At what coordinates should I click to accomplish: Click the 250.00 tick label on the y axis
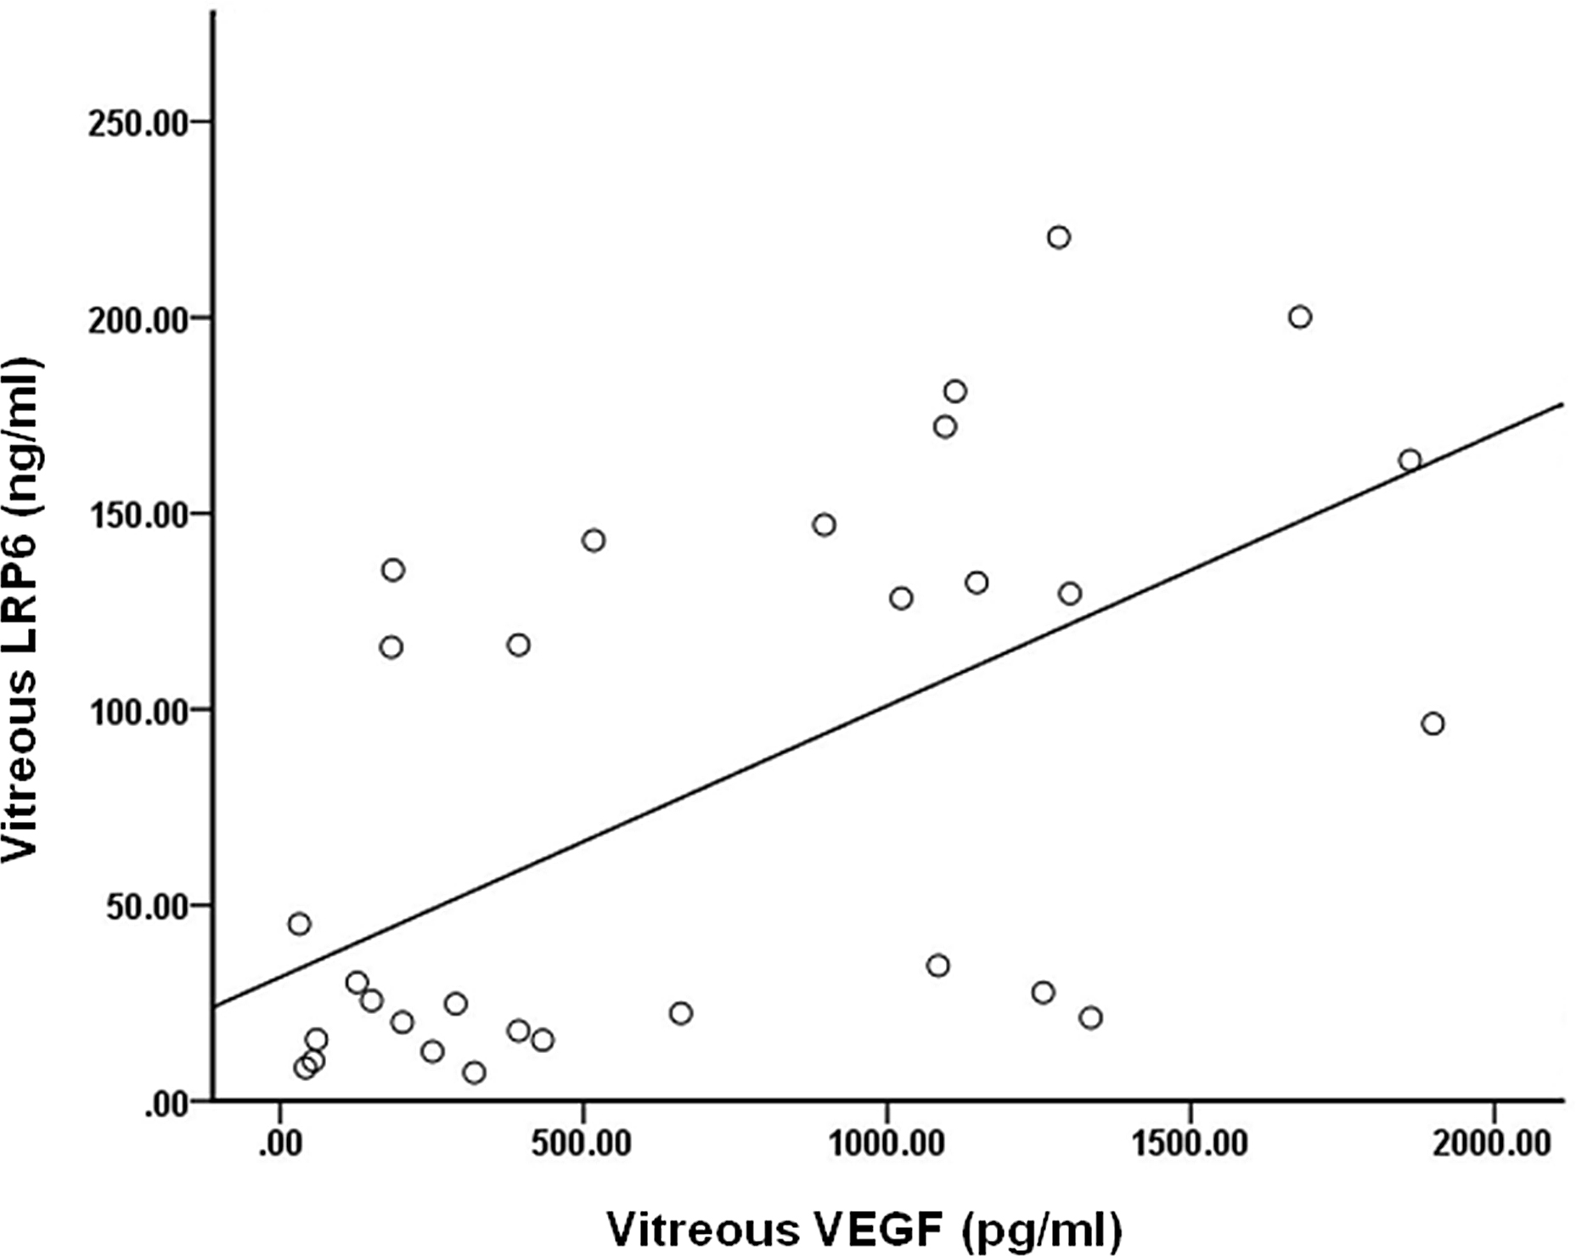[138, 122]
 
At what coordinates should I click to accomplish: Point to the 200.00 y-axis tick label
[138, 319]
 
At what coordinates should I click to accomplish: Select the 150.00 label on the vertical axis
[138, 515]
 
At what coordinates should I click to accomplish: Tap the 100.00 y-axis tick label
[138, 711]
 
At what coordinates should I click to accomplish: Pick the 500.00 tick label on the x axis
[583, 1144]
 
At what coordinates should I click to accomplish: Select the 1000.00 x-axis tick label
[886, 1144]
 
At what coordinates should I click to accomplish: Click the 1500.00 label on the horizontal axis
[1189, 1144]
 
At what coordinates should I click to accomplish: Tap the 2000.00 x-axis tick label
[1492, 1144]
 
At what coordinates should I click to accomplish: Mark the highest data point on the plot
[1058, 238]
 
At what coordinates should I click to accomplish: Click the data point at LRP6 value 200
[1299, 318]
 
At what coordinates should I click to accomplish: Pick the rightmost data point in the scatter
[1432, 724]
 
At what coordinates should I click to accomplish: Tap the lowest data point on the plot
[474, 1073]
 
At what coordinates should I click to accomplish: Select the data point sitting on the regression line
[1410, 460]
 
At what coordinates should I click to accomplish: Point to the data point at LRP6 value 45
[299, 924]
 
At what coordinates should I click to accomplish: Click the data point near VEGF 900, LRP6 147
[824, 525]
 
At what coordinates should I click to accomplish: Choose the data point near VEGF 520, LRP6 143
[593, 540]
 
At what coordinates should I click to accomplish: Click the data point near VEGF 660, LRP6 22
[680, 1013]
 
